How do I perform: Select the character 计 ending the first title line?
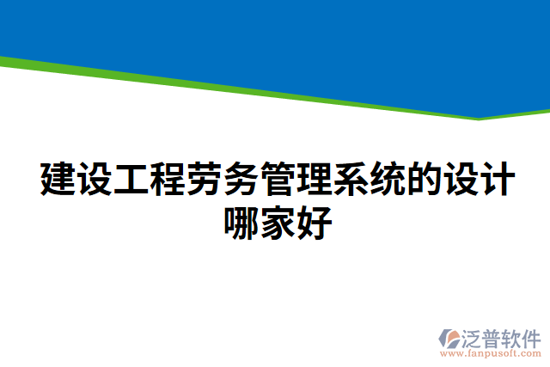(x=497, y=179)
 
